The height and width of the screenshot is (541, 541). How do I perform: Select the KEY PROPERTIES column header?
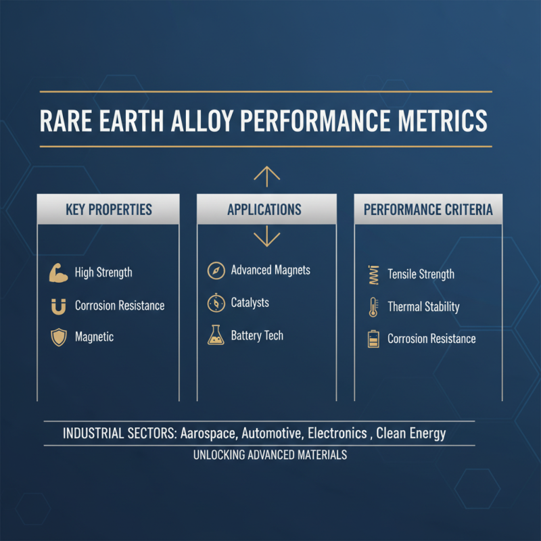point(108,209)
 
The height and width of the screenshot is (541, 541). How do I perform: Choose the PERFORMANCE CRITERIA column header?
point(428,209)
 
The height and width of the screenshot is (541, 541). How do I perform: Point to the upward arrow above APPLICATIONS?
point(266,175)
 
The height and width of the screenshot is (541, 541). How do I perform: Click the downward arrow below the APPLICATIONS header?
point(266,237)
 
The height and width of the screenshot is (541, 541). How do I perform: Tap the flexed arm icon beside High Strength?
point(60,273)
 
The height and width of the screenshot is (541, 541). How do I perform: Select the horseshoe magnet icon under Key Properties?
point(59,306)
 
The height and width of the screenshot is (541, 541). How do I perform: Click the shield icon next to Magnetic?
point(59,337)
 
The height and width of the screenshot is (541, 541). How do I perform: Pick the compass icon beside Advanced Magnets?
point(215,270)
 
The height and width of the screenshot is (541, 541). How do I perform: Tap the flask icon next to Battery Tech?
point(215,335)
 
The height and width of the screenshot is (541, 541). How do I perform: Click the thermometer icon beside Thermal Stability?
point(373,307)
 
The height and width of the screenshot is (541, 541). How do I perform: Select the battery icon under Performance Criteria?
point(373,339)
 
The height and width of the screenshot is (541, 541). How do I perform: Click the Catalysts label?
point(250,303)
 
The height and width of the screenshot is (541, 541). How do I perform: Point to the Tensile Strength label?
point(421,275)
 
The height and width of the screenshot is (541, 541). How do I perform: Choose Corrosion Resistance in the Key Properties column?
point(120,306)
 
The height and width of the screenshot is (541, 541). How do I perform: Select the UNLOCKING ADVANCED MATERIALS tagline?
point(270,455)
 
